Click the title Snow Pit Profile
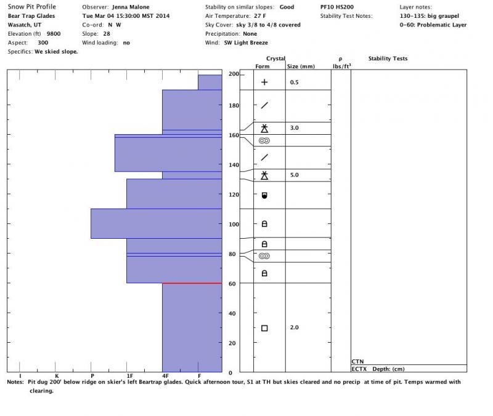pyautogui.click(x=31, y=7)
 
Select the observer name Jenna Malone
pyautogui.click(x=130, y=7)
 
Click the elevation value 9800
pyautogui.click(x=54, y=34)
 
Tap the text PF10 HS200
pyautogui.click(x=337, y=7)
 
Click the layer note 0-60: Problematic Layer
pyautogui.click(x=433, y=25)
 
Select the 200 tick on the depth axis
pyautogui.click(x=234, y=74)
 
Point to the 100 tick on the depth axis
pyautogui.click(x=234, y=224)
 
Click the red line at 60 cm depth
pyautogui.click(x=192, y=283)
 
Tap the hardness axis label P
pyautogui.click(x=92, y=375)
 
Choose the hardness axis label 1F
pyautogui.click(x=129, y=375)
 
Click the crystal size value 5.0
pyautogui.click(x=294, y=175)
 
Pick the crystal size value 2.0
pyautogui.click(x=294, y=327)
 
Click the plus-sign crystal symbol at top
pyautogui.click(x=264, y=82)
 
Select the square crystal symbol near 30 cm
pyautogui.click(x=264, y=328)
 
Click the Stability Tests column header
pyautogui.click(x=388, y=59)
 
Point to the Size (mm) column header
pyautogui.click(x=301, y=66)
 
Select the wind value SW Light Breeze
pyautogui.click(x=245, y=43)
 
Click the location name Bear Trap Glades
pyautogui.click(x=31, y=16)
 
